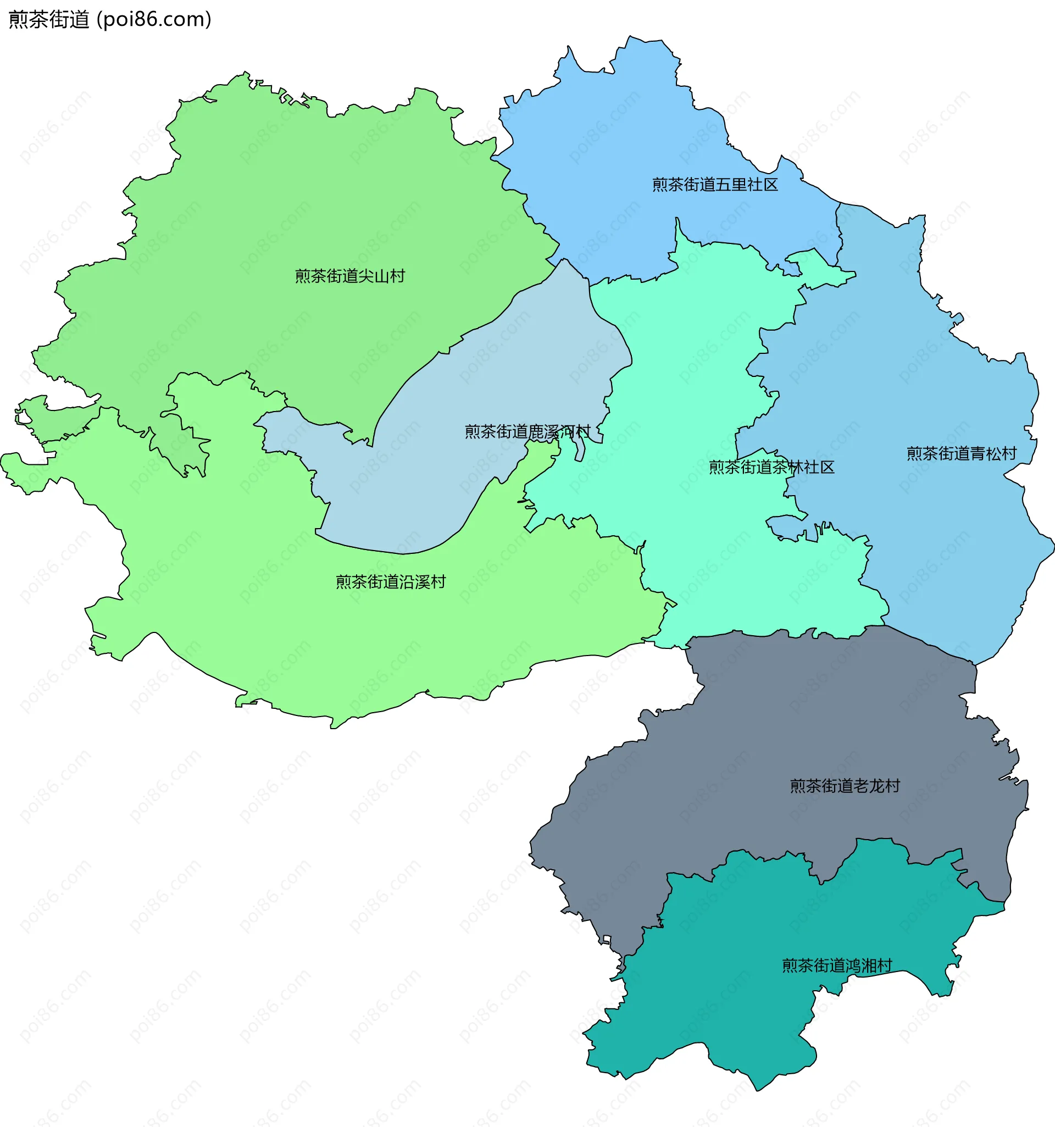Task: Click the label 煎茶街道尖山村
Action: [350, 276]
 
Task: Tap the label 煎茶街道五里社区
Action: [715, 185]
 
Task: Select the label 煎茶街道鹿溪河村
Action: [527, 432]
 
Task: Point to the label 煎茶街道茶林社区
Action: [771, 467]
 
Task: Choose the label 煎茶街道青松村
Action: [962, 453]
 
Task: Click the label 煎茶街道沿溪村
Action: [391, 582]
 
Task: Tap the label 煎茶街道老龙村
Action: [845, 786]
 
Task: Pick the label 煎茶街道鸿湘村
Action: [837, 965]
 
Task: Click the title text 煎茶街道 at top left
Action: [49, 20]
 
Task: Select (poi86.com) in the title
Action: [154, 20]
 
